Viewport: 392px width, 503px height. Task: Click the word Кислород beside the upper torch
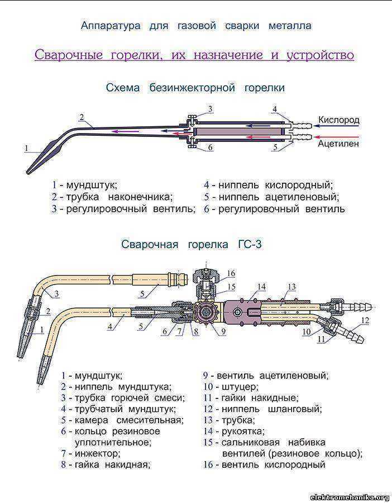(338, 120)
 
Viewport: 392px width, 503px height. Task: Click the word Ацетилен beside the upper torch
(338, 144)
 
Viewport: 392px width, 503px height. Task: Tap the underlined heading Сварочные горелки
(194, 55)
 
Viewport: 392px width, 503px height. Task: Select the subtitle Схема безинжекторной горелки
(195, 88)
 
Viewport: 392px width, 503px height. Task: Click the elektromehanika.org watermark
(350, 497)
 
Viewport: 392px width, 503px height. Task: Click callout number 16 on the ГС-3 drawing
(231, 273)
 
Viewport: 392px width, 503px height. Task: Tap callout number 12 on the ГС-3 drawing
(365, 320)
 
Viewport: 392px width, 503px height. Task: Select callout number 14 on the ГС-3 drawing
(261, 287)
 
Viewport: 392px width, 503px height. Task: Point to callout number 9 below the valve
(223, 331)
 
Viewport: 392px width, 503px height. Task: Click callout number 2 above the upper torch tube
(82, 117)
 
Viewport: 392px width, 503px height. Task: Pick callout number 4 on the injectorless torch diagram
(275, 108)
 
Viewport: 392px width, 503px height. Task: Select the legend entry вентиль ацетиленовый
(272, 376)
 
